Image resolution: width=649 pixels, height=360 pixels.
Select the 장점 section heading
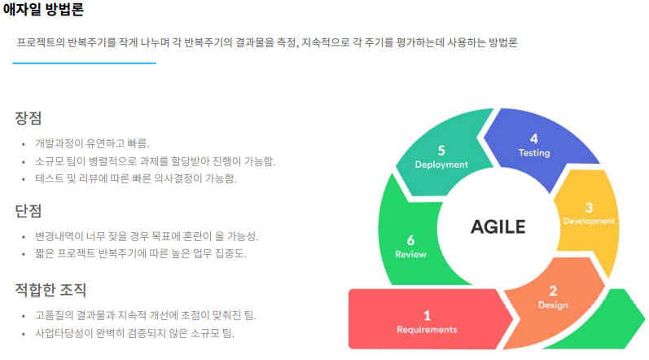coord(28,118)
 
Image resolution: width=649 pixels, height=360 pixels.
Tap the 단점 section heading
coord(28,212)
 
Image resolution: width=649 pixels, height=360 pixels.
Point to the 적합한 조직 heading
coord(50,290)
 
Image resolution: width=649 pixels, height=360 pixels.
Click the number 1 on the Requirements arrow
coord(427,315)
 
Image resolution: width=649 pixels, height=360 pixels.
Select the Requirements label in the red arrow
coord(427,330)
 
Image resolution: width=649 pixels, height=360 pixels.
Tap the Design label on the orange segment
coord(553,305)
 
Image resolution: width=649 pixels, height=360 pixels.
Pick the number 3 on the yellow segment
coord(589,208)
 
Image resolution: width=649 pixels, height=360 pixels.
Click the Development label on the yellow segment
coord(589,221)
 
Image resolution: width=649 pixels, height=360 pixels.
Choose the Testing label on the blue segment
coord(534,152)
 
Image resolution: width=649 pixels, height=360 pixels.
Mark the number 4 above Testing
coord(534,138)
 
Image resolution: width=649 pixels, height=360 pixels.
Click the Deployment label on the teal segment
coord(441,164)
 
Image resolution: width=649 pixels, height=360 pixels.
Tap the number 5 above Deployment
coord(441,150)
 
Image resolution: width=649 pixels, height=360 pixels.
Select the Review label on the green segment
coord(410,254)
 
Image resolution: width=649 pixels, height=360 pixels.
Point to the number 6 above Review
coord(410,240)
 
